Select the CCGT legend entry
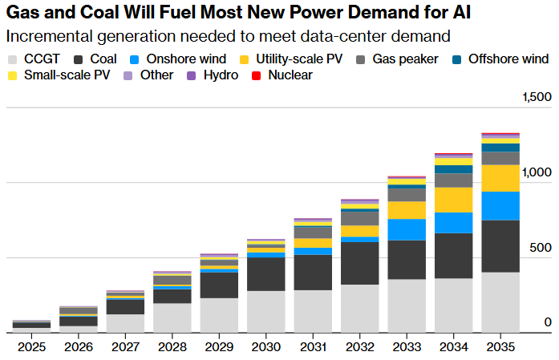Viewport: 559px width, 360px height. point(34,59)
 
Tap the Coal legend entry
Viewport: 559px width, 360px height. point(94,59)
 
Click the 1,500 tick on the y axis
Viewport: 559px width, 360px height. point(536,97)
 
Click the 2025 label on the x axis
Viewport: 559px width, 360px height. point(31,347)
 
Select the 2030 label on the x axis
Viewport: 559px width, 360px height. point(265,347)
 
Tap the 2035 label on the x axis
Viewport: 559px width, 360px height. point(500,347)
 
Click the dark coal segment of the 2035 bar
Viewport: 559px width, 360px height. point(500,246)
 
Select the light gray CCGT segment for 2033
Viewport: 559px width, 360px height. point(406,305)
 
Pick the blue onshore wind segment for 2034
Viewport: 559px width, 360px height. point(453,223)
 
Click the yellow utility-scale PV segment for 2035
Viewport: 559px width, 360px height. point(500,178)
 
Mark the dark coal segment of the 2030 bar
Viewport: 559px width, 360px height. point(265,274)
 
